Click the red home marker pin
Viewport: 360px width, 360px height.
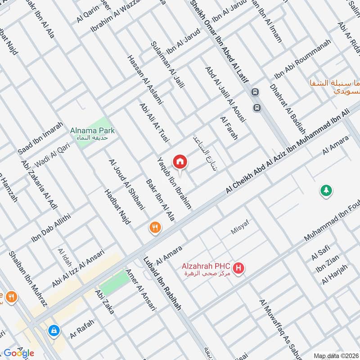tap(180, 161)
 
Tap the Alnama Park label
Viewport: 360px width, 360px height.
tap(92, 131)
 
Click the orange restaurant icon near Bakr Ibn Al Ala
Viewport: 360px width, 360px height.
tap(155, 228)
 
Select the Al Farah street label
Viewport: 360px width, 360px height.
tap(228, 128)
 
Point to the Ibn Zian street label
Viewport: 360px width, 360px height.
tap(326, 269)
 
